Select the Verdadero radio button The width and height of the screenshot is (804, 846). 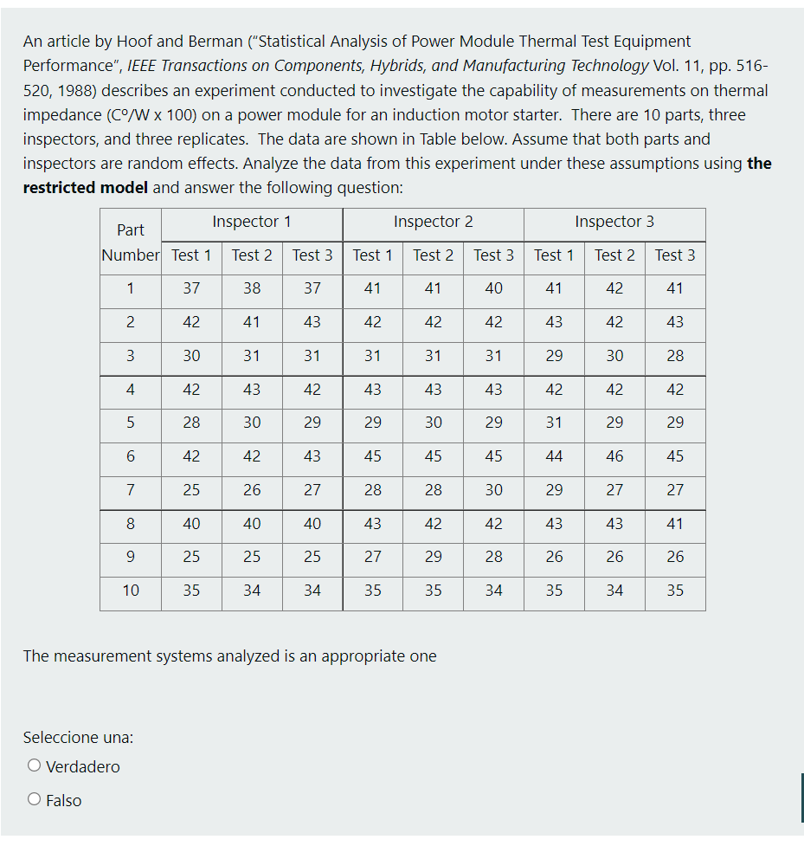(x=35, y=766)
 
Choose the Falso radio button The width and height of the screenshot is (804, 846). (x=35, y=800)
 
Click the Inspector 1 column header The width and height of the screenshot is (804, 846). (x=252, y=222)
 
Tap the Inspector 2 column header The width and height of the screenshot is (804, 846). (x=433, y=222)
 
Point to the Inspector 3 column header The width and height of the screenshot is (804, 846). (x=614, y=222)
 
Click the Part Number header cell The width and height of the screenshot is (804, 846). (x=131, y=242)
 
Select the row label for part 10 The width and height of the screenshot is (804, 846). (x=131, y=591)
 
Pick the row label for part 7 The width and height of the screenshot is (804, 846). (x=131, y=490)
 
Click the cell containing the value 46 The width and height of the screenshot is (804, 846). (x=614, y=456)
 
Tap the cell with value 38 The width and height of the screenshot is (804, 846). (x=252, y=288)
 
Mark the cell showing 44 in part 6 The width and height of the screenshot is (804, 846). (x=554, y=456)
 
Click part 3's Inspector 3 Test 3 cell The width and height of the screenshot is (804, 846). (x=675, y=356)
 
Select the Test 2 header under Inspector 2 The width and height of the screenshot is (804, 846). (x=433, y=255)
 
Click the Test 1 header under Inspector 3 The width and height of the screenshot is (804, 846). (x=554, y=255)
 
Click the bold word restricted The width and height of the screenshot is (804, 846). (x=58, y=188)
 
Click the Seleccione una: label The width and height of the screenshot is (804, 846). (x=78, y=737)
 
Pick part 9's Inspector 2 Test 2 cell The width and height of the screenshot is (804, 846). (x=433, y=557)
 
